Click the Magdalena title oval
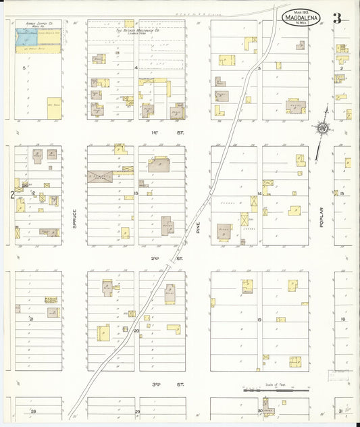click(301, 18)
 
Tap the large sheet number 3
click(337, 18)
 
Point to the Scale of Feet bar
click(276, 390)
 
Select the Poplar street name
click(323, 218)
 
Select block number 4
click(136, 68)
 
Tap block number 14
click(259, 193)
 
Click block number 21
click(31, 318)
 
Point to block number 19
click(259, 319)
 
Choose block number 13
click(136, 194)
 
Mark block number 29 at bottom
click(137, 411)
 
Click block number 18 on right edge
click(342, 319)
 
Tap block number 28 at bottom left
click(32, 411)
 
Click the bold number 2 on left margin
click(12, 195)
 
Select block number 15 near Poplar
click(342, 194)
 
